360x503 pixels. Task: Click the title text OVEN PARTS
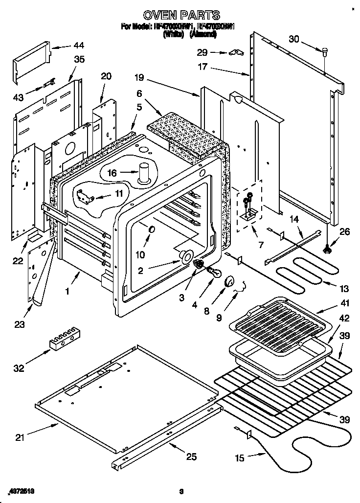click(180, 16)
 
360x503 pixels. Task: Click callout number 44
click(78, 46)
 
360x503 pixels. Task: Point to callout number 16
click(112, 173)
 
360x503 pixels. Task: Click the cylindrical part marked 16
click(144, 174)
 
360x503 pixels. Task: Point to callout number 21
click(20, 438)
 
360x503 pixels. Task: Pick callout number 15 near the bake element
click(240, 458)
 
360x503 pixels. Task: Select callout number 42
click(345, 319)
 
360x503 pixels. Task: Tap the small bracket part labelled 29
click(235, 52)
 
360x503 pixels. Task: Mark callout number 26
click(345, 232)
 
